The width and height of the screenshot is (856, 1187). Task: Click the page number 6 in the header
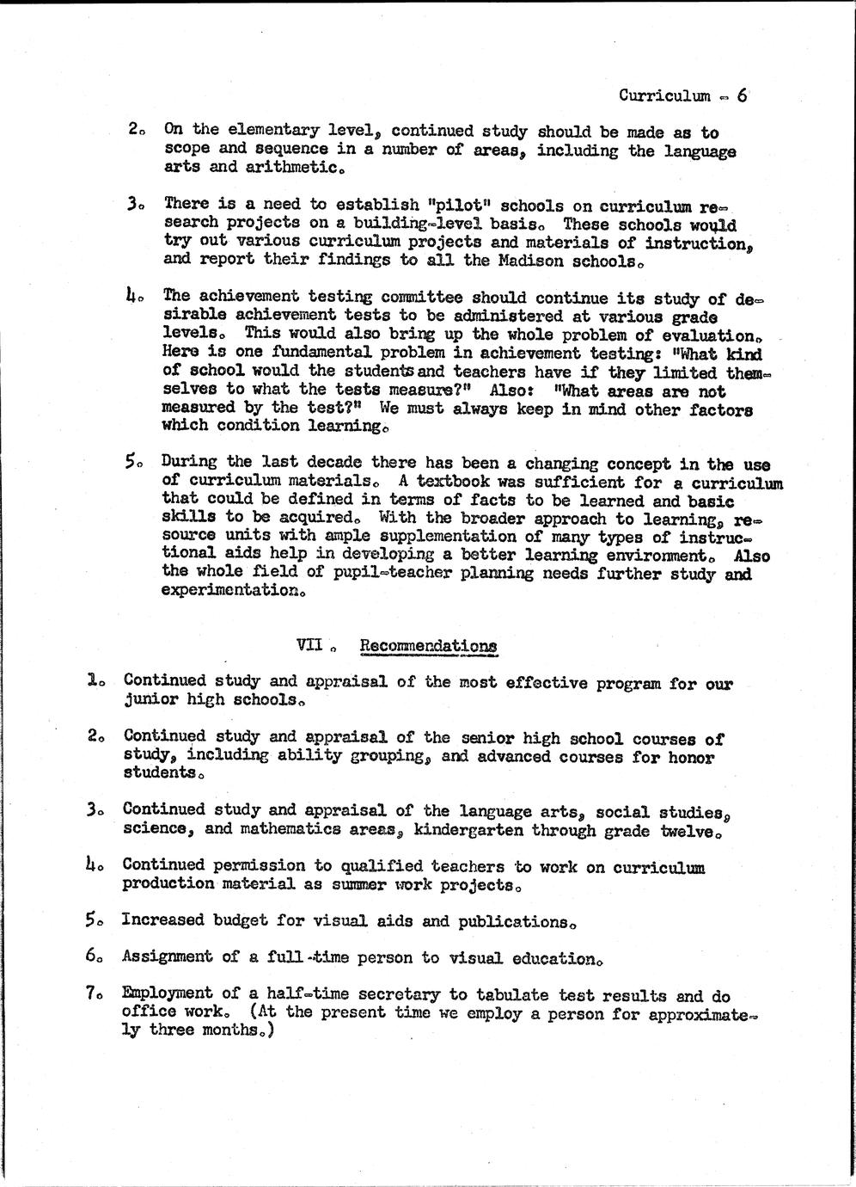(742, 95)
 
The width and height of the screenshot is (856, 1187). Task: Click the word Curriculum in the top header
(664, 95)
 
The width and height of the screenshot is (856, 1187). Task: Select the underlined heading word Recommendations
(427, 645)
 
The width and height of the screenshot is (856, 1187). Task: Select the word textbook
(449, 482)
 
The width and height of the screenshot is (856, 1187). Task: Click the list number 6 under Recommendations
(91, 955)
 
